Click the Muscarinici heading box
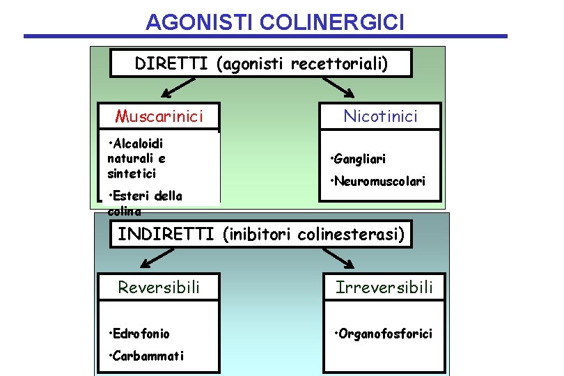[x=159, y=116]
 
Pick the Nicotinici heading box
[x=380, y=116]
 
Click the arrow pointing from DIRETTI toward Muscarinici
[x=175, y=88]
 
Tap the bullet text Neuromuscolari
[x=379, y=182]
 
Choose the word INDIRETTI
[x=167, y=234]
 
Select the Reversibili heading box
[x=159, y=286]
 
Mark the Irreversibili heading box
[x=384, y=286]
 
